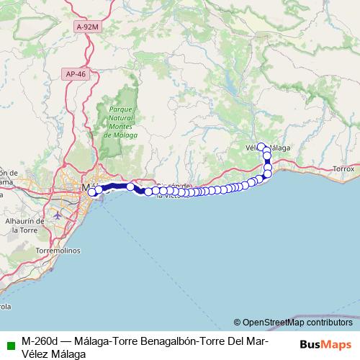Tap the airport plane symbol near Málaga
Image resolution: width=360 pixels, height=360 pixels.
pos(58,215)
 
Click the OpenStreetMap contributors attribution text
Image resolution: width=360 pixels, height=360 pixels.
pos(297,323)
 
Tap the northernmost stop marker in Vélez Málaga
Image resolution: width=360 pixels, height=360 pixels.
pos(261,147)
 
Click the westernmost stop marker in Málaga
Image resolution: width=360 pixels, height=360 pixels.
pos(91,192)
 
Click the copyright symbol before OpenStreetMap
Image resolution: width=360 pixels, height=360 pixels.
pos(237,323)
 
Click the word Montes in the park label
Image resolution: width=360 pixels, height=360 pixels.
pos(119,127)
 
